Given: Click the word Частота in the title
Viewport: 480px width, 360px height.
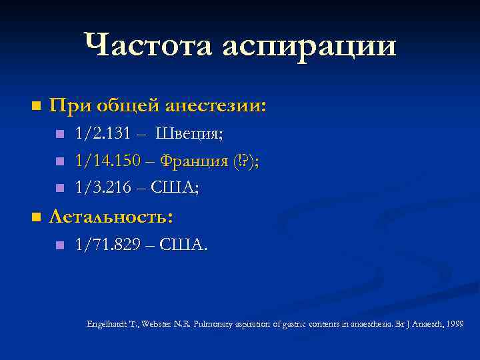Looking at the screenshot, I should pos(149,45).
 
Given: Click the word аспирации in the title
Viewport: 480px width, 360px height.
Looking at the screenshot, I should pos(309,47).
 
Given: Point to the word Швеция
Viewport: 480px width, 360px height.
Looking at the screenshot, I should pos(189,134).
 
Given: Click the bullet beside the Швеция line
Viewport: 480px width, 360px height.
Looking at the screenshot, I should pos(59,135).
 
